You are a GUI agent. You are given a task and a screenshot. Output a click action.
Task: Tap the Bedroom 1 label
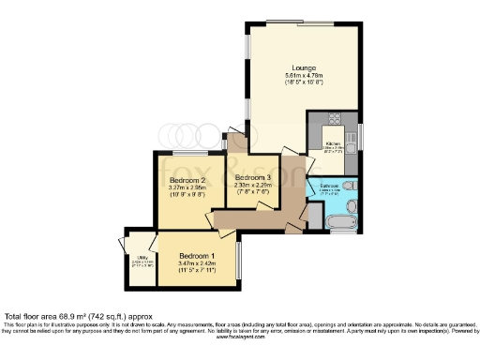(x=198, y=256)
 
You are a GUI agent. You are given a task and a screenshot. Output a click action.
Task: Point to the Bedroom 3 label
(x=253, y=177)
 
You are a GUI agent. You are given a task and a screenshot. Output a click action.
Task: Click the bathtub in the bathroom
(x=338, y=221)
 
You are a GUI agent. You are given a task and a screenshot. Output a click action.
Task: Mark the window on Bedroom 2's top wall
(x=190, y=152)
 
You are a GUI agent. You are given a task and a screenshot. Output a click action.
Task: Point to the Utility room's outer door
(x=122, y=244)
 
